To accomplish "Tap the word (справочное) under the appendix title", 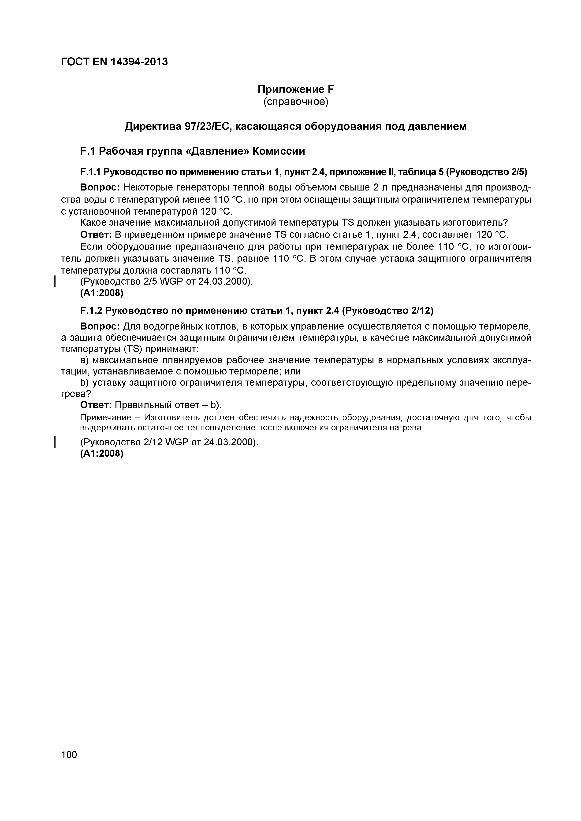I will point(296,102).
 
